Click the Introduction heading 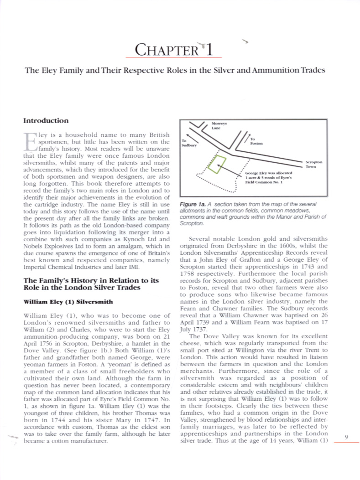(46, 121)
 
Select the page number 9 (346, 437)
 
